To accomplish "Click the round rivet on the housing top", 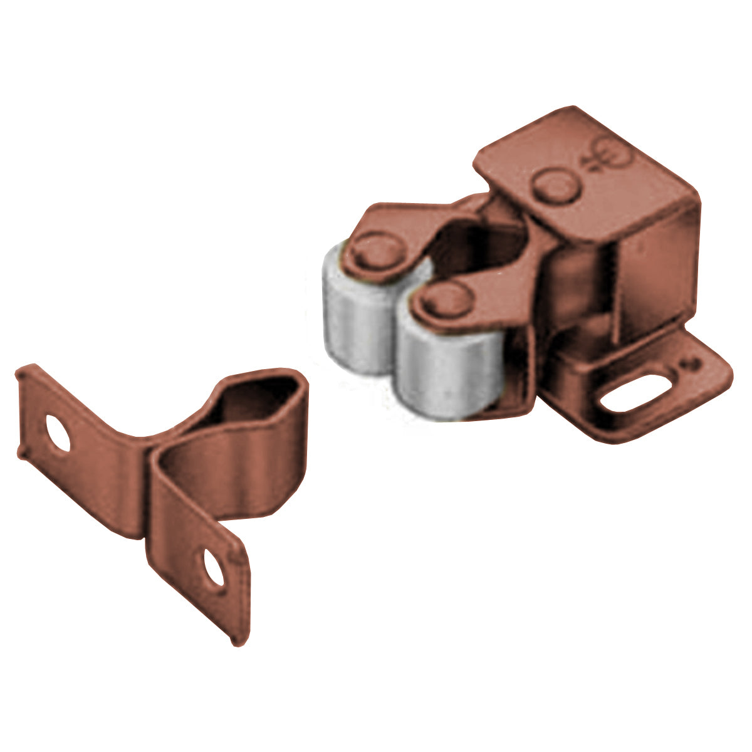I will (x=555, y=186).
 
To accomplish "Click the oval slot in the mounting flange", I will (x=633, y=393).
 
